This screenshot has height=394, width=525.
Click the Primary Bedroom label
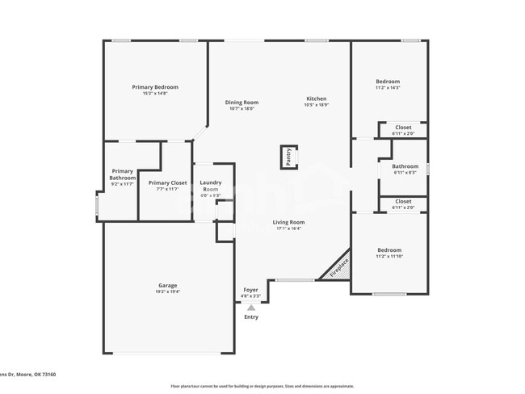point(155,87)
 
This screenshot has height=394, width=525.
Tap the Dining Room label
point(241,103)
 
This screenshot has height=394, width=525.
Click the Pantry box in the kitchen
point(288,157)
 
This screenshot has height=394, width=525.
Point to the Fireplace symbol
point(338,267)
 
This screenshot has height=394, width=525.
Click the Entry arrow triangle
point(251,308)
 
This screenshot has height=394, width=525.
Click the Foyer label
point(251,290)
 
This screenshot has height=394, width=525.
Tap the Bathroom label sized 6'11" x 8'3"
point(405,166)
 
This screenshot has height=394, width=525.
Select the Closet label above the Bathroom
point(403,128)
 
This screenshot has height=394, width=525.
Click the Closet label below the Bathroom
point(403,202)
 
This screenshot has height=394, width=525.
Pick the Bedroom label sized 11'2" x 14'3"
point(388,82)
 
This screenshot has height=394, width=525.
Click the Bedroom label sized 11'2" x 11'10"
point(389,250)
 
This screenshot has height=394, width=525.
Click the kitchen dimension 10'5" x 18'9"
point(316,105)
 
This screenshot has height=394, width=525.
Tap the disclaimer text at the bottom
point(262,386)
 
